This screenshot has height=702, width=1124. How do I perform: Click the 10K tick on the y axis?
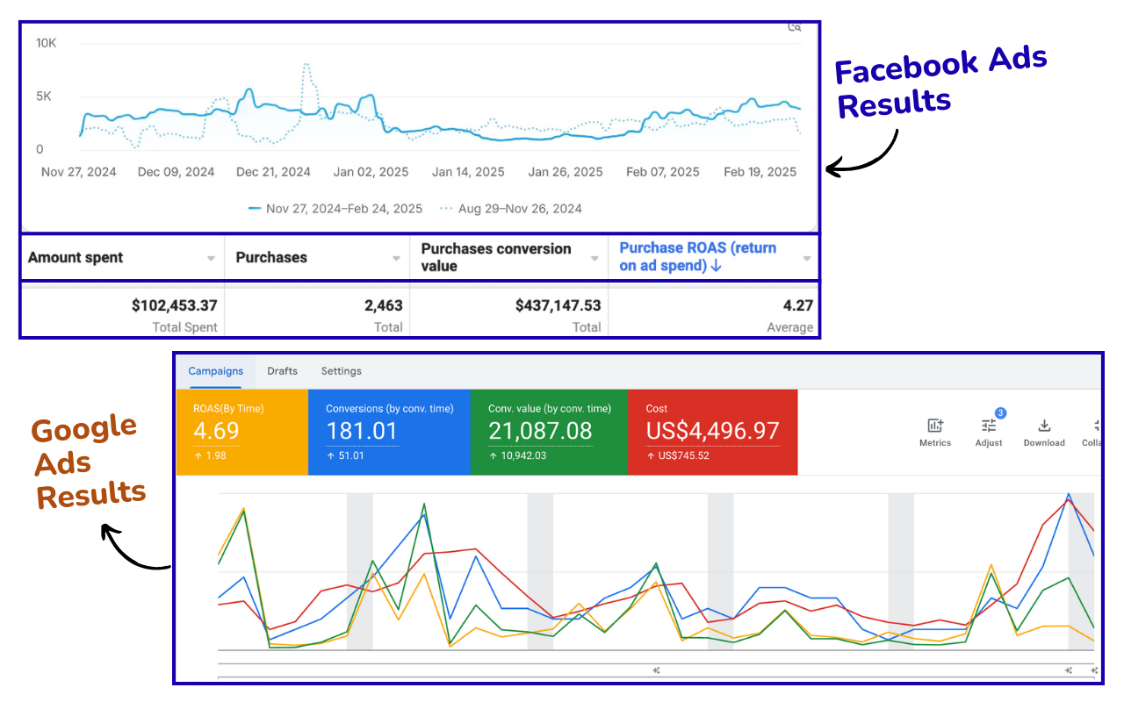(x=46, y=42)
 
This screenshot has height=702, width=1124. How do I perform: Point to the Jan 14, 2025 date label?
(x=468, y=172)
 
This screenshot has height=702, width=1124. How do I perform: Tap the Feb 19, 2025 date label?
(x=760, y=172)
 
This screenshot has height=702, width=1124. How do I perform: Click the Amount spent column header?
(x=76, y=257)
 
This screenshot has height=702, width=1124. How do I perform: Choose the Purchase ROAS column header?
(x=697, y=257)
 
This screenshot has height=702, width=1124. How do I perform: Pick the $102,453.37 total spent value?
(x=174, y=305)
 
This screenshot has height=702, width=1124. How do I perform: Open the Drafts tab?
(x=282, y=371)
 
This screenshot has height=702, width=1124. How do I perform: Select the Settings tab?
(x=341, y=371)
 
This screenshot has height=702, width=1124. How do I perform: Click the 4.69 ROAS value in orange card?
(x=216, y=431)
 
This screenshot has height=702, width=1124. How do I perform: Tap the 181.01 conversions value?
(x=361, y=431)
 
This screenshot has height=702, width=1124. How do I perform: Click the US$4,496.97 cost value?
(x=712, y=431)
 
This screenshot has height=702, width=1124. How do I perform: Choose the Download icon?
(x=1044, y=426)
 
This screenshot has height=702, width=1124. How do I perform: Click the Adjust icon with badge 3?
(x=989, y=426)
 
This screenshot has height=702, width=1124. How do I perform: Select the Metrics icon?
(x=935, y=426)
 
